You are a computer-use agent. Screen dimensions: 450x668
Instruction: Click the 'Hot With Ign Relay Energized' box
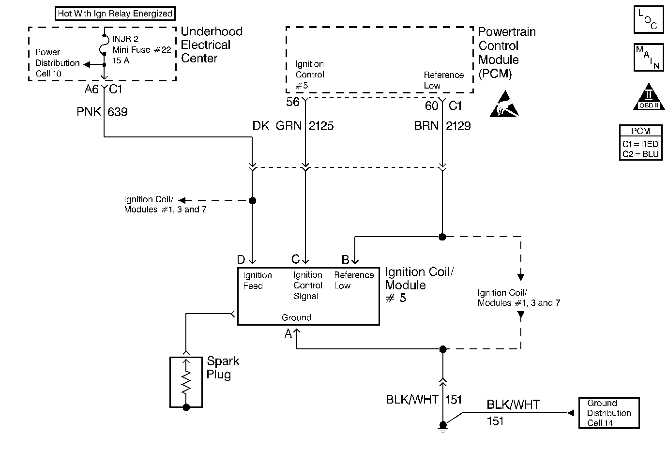(x=115, y=14)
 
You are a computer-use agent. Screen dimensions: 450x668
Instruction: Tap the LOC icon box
(x=648, y=20)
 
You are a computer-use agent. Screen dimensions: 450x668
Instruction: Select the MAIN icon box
(x=648, y=58)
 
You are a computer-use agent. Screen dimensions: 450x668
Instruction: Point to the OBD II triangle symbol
(x=648, y=99)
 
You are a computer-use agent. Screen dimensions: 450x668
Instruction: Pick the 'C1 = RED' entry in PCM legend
(x=640, y=144)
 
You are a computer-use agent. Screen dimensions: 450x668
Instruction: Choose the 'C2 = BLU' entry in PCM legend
(x=640, y=154)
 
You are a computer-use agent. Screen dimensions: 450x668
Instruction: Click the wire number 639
(x=118, y=112)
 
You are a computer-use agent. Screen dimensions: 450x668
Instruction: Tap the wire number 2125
(x=321, y=126)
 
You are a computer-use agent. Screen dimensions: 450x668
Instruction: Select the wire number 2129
(x=458, y=126)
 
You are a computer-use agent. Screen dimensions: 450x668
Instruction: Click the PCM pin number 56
(x=293, y=102)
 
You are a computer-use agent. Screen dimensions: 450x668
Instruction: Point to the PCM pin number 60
(x=431, y=105)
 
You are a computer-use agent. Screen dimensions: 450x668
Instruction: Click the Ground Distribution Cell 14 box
(x=609, y=413)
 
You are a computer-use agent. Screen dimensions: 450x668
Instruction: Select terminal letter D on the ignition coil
(x=241, y=260)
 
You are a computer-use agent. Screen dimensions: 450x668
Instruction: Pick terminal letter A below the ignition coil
(x=288, y=333)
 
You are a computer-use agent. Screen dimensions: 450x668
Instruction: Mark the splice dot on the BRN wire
(x=442, y=237)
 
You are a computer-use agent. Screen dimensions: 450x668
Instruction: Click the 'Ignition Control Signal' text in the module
(x=308, y=285)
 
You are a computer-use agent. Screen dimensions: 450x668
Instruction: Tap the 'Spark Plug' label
(x=223, y=368)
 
